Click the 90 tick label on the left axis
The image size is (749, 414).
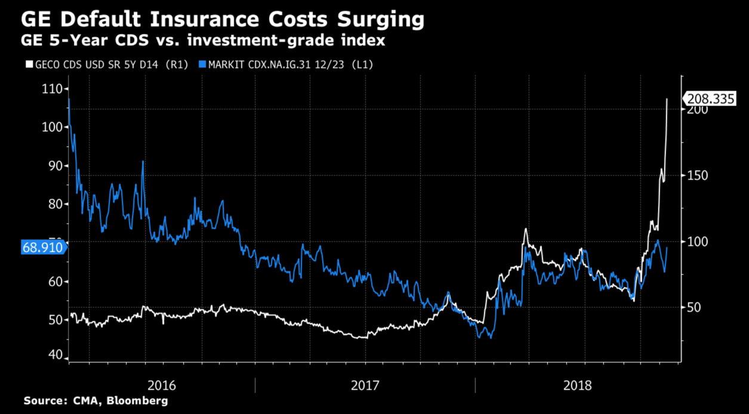(x=53, y=165)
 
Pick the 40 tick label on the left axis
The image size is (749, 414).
(x=53, y=355)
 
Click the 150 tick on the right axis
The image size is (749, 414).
(x=695, y=176)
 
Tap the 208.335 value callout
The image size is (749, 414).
(x=711, y=99)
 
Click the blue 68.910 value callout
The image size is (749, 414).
(x=42, y=247)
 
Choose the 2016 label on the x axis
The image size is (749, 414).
(x=161, y=385)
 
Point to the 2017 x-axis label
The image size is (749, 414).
(x=365, y=385)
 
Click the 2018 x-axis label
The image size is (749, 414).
(x=577, y=385)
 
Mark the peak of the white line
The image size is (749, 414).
(x=667, y=99)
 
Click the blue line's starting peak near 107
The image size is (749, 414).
(x=69, y=99)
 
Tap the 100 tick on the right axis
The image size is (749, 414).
(x=695, y=241)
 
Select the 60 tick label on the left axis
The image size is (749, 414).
(x=53, y=281)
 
